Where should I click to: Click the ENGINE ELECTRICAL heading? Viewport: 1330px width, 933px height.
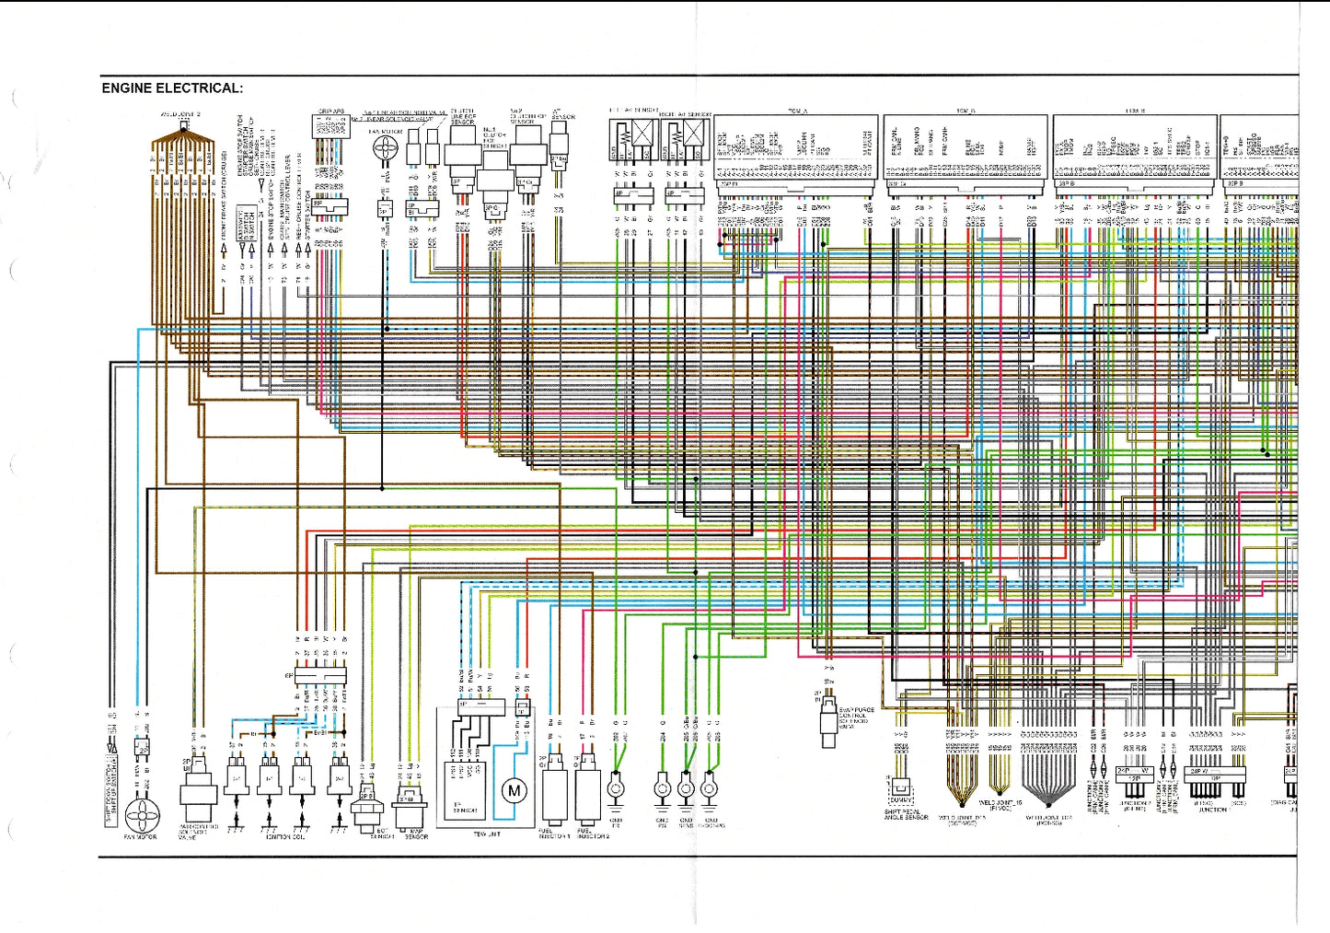172,88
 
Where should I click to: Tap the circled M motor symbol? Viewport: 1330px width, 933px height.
514,789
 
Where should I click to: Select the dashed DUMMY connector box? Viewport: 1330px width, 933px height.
901,787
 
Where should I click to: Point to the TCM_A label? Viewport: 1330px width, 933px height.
797,111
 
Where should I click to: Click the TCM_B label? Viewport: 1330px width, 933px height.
966,111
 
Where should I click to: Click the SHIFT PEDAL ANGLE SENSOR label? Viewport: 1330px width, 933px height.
906,815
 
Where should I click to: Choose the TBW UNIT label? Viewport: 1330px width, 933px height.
486,834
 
